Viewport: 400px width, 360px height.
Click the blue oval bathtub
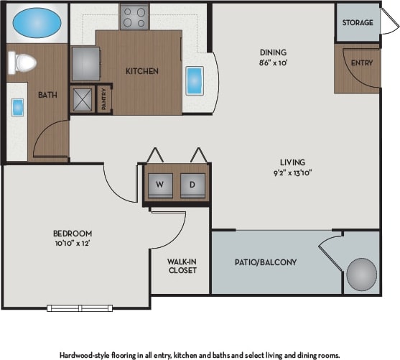[36, 23]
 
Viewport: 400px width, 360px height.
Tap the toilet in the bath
[24, 64]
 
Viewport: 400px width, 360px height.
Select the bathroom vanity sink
[17, 107]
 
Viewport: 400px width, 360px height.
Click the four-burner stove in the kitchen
[134, 16]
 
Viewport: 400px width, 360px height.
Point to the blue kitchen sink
[195, 81]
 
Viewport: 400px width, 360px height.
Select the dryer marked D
[192, 185]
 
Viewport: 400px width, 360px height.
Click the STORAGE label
[358, 22]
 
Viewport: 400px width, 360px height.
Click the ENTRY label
[361, 63]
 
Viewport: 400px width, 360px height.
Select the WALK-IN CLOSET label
[182, 265]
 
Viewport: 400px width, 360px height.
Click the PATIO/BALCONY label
[265, 262]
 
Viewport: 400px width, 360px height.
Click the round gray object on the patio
[361, 274]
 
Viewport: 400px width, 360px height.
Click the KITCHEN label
[142, 71]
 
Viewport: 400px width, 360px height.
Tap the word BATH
[48, 94]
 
